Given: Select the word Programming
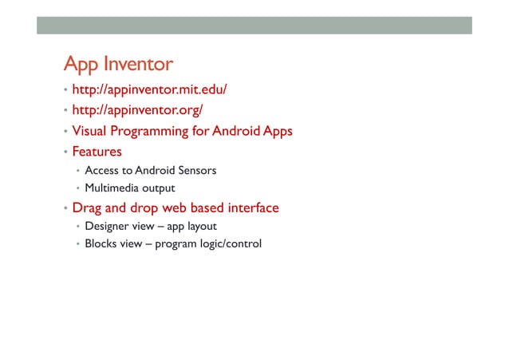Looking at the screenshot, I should [x=150, y=131].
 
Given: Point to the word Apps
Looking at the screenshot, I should [x=274, y=131].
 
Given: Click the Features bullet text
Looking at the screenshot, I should [x=97, y=151].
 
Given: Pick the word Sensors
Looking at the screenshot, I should [x=195, y=170].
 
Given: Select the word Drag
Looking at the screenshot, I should [x=87, y=208].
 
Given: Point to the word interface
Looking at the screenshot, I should [x=251, y=208].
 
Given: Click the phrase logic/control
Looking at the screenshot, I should [x=227, y=244].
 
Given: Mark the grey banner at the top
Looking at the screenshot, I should [x=254, y=26].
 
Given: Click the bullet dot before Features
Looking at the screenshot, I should [x=65, y=152].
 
